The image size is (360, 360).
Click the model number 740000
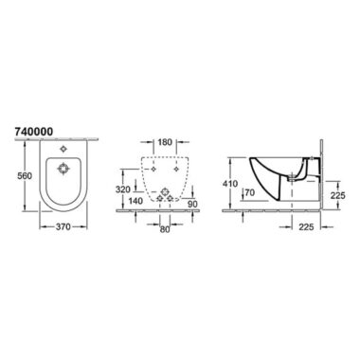34,132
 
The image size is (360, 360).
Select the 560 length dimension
25,175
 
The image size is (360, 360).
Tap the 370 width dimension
63,226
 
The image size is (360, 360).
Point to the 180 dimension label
165,142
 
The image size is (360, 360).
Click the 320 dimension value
123,189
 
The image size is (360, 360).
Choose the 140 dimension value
135,201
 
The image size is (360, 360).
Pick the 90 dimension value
192,204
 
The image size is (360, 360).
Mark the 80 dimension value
165,229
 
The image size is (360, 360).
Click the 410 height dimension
230,183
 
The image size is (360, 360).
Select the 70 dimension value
249,192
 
